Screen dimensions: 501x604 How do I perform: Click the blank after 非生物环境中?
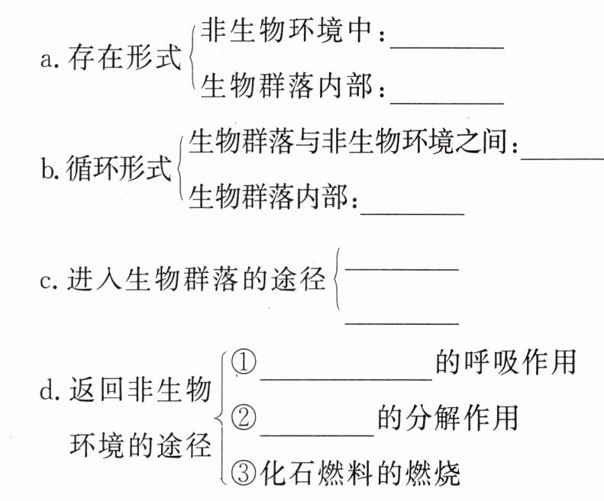coord(447,46)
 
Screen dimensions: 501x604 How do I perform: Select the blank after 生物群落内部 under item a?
coord(447,101)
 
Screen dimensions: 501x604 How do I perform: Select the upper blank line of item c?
coord(402,266)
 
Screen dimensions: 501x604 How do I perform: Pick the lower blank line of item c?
coord(402,323)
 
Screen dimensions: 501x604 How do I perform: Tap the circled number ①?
coord(243,363)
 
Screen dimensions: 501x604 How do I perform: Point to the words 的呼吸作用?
coord(505,362)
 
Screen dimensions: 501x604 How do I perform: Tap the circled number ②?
coord(243,419)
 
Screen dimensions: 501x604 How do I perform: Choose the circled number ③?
coord(243,474)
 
